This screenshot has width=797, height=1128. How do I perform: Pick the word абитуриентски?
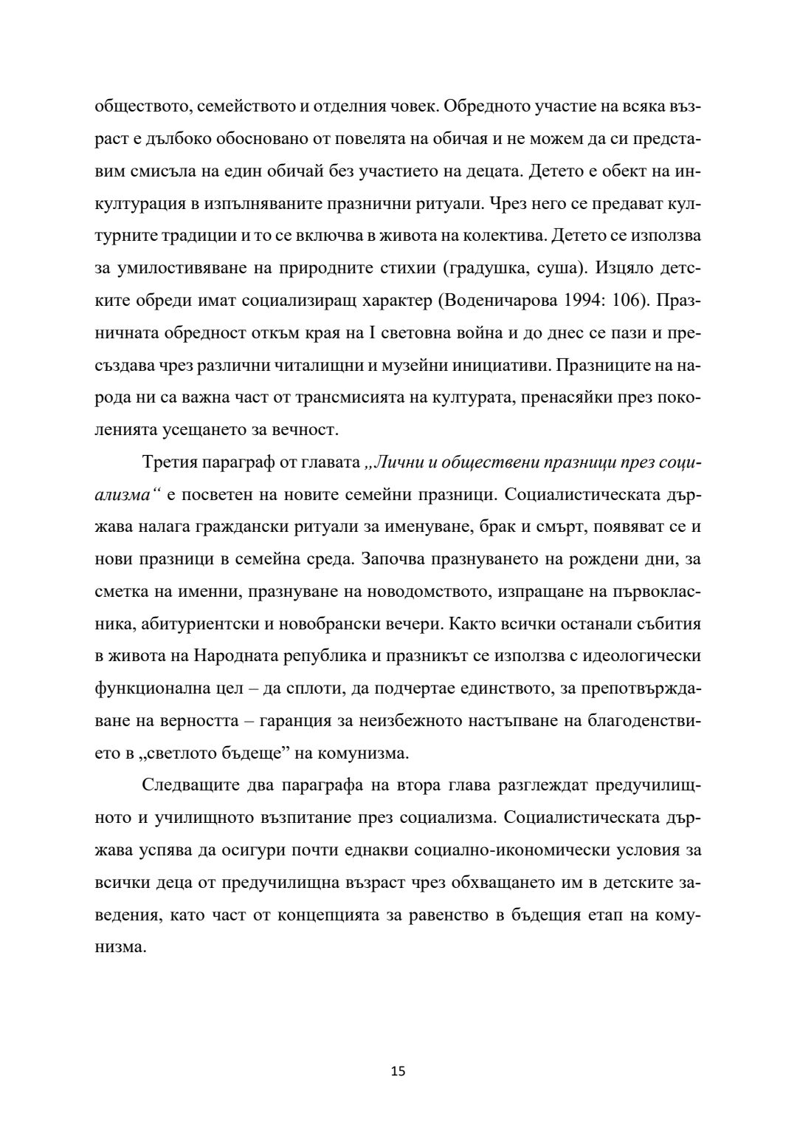(x=195, y=623)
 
